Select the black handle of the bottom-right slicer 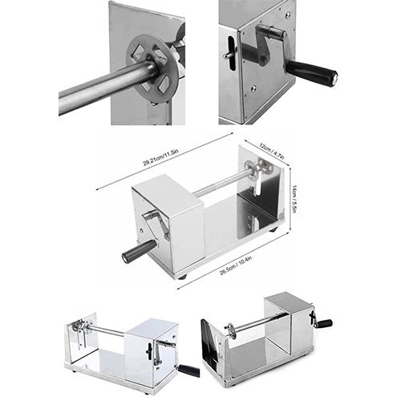(x=325, y=323)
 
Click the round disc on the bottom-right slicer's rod (x=230, y=328)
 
